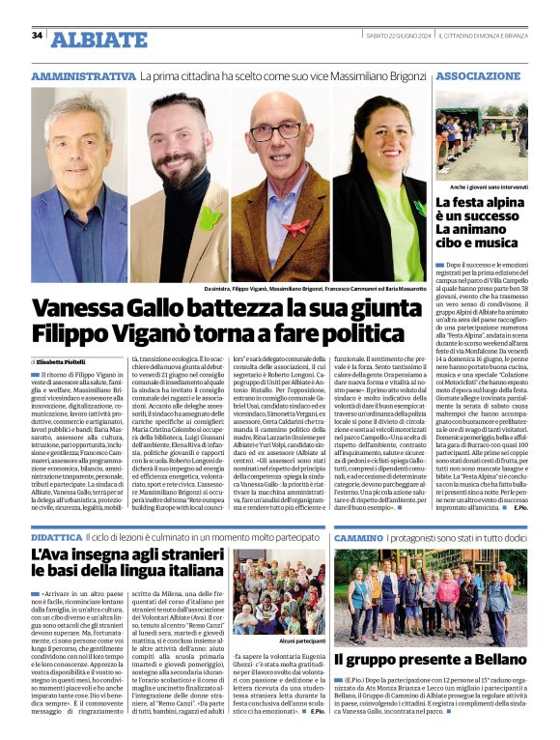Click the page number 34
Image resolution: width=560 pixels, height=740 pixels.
coord(37,36)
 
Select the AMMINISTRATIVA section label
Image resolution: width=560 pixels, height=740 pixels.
coord(83,75)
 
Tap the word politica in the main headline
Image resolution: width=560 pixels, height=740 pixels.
coord(353,334)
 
